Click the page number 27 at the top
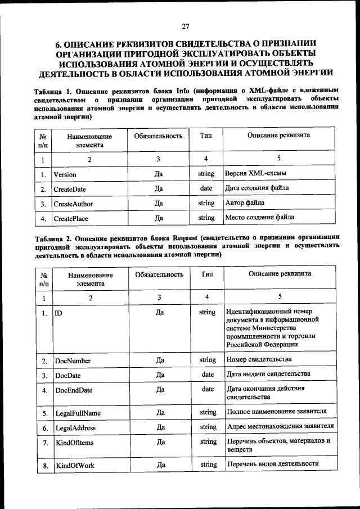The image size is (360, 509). (185, 25)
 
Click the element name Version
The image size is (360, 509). (65, 174)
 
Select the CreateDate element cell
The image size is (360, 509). (70, 189)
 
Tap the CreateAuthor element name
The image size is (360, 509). (73, 204)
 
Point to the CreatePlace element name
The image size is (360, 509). (71, 218)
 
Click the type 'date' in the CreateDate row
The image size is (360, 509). (206, 188)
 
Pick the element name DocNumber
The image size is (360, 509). (73, 361)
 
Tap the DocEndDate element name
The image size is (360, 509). (74, 390)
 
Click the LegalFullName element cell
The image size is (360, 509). (78, 413)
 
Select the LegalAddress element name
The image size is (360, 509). (75, 428)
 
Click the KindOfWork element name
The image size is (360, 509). (74, 466)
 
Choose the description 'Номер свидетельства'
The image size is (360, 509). (259, 359)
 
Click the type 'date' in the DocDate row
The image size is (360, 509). (208, 374)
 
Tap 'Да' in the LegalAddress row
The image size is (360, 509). (160, 427)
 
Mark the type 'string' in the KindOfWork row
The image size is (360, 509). (208, 465)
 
